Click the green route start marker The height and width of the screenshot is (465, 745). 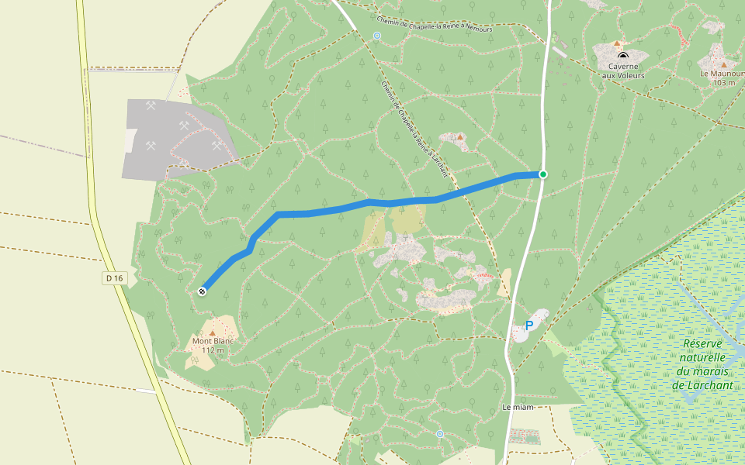point(543,174)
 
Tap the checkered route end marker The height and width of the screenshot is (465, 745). point(203,291)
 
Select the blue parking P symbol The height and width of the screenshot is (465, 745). point(529,325)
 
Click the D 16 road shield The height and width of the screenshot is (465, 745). point(114,278)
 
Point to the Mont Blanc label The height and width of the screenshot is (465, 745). point(213,341)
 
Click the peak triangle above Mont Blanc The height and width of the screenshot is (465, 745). point(213,332)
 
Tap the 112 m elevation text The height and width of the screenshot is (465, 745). point(213,350)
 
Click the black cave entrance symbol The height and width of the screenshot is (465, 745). point(622,56)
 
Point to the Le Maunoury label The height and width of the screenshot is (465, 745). point(722,74)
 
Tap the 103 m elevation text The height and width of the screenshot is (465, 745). point(723,83)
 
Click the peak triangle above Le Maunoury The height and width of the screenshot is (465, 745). point(724,64)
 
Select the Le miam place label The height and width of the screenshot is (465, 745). point(518,408)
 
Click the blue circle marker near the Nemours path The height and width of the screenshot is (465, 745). point(377,36)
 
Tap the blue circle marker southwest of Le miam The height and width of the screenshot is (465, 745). point(440,434)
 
